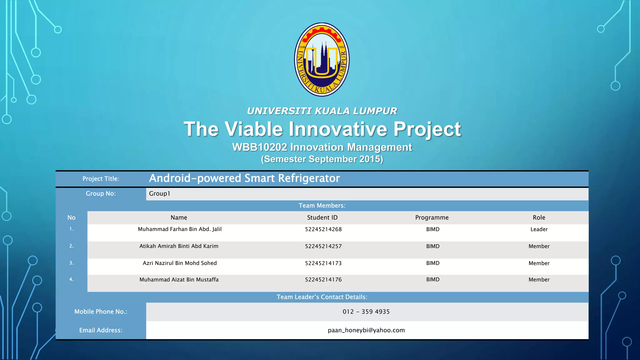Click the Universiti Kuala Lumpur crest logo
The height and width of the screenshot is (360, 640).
[x=322, y=59]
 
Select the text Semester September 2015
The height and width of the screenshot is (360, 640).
[x=322, y=159]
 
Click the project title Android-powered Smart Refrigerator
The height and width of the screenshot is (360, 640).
[x=244, y=178]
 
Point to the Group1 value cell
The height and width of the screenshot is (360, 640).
[x=160, y=194]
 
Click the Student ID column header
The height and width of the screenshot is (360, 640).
[x=322, y=217]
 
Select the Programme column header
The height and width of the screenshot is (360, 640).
[x=432, y=217]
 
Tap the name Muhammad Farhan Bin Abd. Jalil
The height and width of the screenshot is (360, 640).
[x=180, y=229]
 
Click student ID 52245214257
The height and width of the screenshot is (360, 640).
[x=323, y=246]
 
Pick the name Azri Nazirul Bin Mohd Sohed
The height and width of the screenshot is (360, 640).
[x=180, y=263]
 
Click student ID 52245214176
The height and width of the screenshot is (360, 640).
[x=323, y=280]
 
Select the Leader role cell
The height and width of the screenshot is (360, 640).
[x=539, y=229]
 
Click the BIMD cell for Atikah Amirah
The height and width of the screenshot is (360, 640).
[x=433, y=246]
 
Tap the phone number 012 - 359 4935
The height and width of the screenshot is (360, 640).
[x=366, y=312]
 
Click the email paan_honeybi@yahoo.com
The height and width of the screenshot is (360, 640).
[x=366, y=330]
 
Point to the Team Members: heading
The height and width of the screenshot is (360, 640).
[x=322, y=206]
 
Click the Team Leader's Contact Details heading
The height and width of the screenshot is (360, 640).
[x=322, y=297]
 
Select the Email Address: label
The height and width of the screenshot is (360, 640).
[x=101, y=330]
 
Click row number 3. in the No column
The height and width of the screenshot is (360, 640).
[x=72, y=263]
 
